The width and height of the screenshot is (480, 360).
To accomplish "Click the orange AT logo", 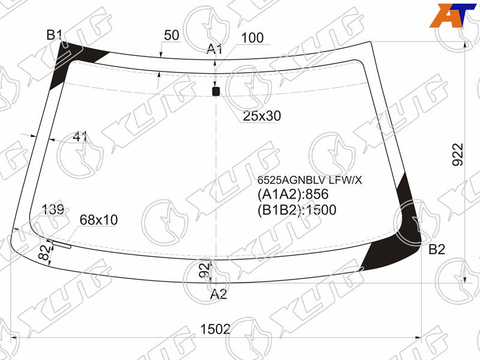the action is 452,16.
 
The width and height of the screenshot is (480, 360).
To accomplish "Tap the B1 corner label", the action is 55,35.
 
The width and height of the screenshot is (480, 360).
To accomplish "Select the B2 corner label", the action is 437,250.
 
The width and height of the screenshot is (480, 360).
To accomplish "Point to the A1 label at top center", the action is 214,49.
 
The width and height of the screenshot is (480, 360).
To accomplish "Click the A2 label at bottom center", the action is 218,294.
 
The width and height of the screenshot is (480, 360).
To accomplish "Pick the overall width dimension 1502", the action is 215,329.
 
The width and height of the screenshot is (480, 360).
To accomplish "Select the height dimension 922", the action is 458,154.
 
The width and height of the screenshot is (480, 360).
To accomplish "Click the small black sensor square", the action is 216,91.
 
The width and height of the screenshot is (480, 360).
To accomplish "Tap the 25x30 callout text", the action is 262,116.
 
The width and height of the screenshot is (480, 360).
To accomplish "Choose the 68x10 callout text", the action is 98,220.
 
